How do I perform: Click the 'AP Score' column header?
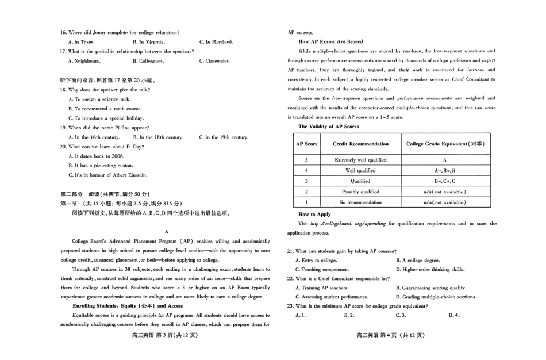307,144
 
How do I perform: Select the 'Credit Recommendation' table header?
360,144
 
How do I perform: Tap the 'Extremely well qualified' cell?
360,160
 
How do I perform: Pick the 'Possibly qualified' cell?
360,192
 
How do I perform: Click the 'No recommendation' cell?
360,202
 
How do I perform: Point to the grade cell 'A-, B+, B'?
445,170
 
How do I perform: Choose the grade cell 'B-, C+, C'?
445,181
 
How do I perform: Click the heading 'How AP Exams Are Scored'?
330,41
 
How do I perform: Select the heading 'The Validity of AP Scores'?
328,126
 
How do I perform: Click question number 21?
290,251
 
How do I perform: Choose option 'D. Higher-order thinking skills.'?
430,269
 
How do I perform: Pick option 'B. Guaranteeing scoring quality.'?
431,288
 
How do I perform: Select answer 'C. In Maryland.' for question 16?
216,42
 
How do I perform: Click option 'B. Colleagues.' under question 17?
149,60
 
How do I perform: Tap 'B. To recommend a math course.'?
105,109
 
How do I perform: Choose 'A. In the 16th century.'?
94,137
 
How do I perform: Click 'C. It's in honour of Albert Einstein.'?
107,175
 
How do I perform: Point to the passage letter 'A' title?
166,231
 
